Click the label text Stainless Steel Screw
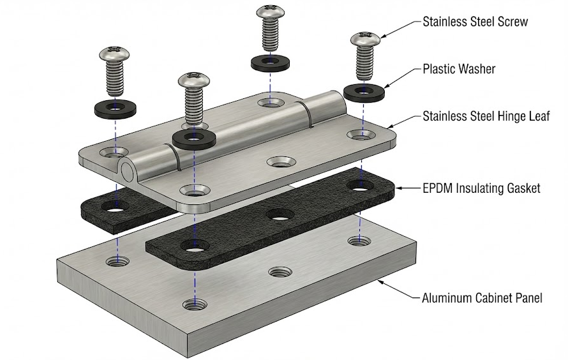tap(475, 22)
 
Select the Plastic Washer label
tap(459, 68)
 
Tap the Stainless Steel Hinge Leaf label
tap(486, 117)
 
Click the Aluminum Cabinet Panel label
tap(482, 297)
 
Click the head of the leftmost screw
tap(112, 56)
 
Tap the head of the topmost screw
tap(270, 13)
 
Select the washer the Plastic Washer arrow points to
tap(363, 91)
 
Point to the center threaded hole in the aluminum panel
tap(276, 273)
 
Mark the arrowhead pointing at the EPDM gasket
tap(399, 188)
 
